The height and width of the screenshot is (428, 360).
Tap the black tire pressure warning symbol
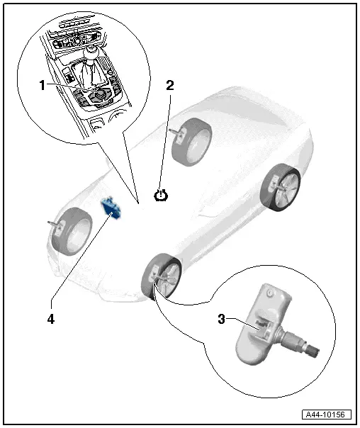tap(162, 194)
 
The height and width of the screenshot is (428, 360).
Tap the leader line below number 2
tap(166, 142)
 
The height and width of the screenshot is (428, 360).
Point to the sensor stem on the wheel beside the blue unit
tap(54, 224)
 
